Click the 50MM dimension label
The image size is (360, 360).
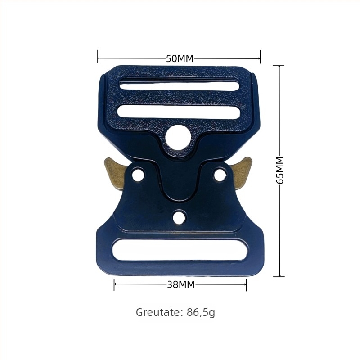tap(180, 58)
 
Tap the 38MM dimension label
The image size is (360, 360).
tap(180, 284)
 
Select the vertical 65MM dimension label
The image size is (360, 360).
tap(280, 171)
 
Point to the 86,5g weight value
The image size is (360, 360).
tap(201, 312)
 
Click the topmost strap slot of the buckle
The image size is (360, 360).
tap(179, 85)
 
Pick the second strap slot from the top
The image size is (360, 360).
tap(179, 112)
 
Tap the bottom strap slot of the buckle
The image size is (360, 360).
tap(180, 250)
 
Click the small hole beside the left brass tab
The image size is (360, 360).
tap(138, 174)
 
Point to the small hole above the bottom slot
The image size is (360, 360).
tap(179, 217)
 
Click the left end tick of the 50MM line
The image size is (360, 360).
tap(98, 57)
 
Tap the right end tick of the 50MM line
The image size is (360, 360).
tap(260, 57)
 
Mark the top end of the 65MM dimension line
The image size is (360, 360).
tap(279, 66)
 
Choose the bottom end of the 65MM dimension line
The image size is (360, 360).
tap(279, 276)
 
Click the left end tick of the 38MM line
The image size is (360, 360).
tap(114, 284)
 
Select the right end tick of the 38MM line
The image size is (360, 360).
tap(246, 284)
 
